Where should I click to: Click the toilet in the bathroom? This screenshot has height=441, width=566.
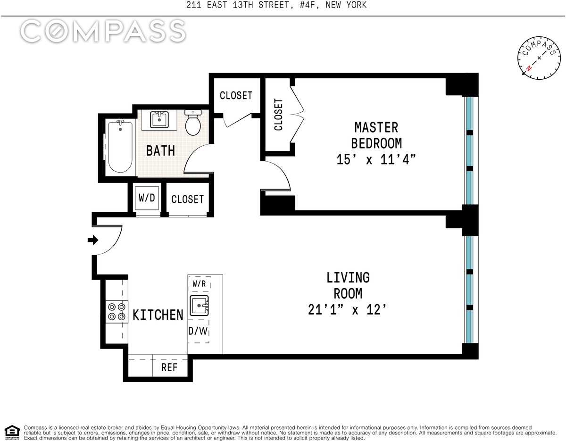(x=193, y=123)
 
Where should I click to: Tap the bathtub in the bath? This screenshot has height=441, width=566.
(x=120, y=146)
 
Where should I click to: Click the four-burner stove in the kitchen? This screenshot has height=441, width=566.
(x=117, y=312)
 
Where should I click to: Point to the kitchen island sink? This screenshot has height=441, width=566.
(x=200, y=306)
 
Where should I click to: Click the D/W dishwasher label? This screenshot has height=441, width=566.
(x=198, y=331)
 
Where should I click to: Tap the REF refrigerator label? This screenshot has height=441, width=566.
(x=169, y=367)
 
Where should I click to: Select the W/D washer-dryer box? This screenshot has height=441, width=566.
(x=147, y=198)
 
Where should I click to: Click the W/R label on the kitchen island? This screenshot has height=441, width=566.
(x=199, y=283)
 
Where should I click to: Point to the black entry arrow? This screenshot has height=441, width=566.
(x=93, y=240)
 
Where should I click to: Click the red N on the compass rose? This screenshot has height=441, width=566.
(x=529, y=68)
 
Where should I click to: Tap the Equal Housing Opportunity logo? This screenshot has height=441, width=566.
(x=12, y=433)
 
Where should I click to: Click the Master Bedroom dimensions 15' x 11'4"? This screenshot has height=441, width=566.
(x=376, y=159)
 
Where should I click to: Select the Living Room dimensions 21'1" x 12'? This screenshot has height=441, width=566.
(x=347, y=310)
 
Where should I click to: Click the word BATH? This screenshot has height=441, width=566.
(x=160, y=150)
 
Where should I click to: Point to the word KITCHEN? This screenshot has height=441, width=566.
(x=158, y=315)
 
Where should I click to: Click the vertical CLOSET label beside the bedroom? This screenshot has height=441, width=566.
(x=278, y=115)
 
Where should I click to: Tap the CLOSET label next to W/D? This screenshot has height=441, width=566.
(x=188, y=199)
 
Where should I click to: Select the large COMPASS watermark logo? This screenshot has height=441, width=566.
(x=103, y=31)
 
